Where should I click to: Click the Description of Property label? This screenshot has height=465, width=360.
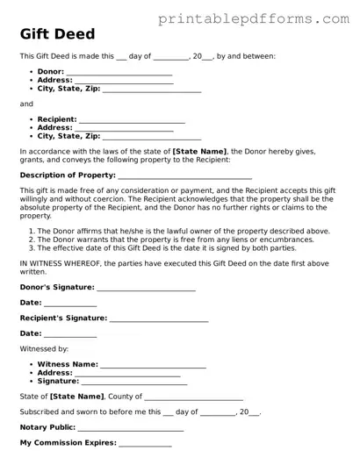click(66, 175)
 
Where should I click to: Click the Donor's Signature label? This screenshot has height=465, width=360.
click(56, 287)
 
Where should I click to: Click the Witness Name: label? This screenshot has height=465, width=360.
click(68, 363)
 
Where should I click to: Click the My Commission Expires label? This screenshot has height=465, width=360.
click(68, 442)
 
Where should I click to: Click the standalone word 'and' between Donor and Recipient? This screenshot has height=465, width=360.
click(26, 104)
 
